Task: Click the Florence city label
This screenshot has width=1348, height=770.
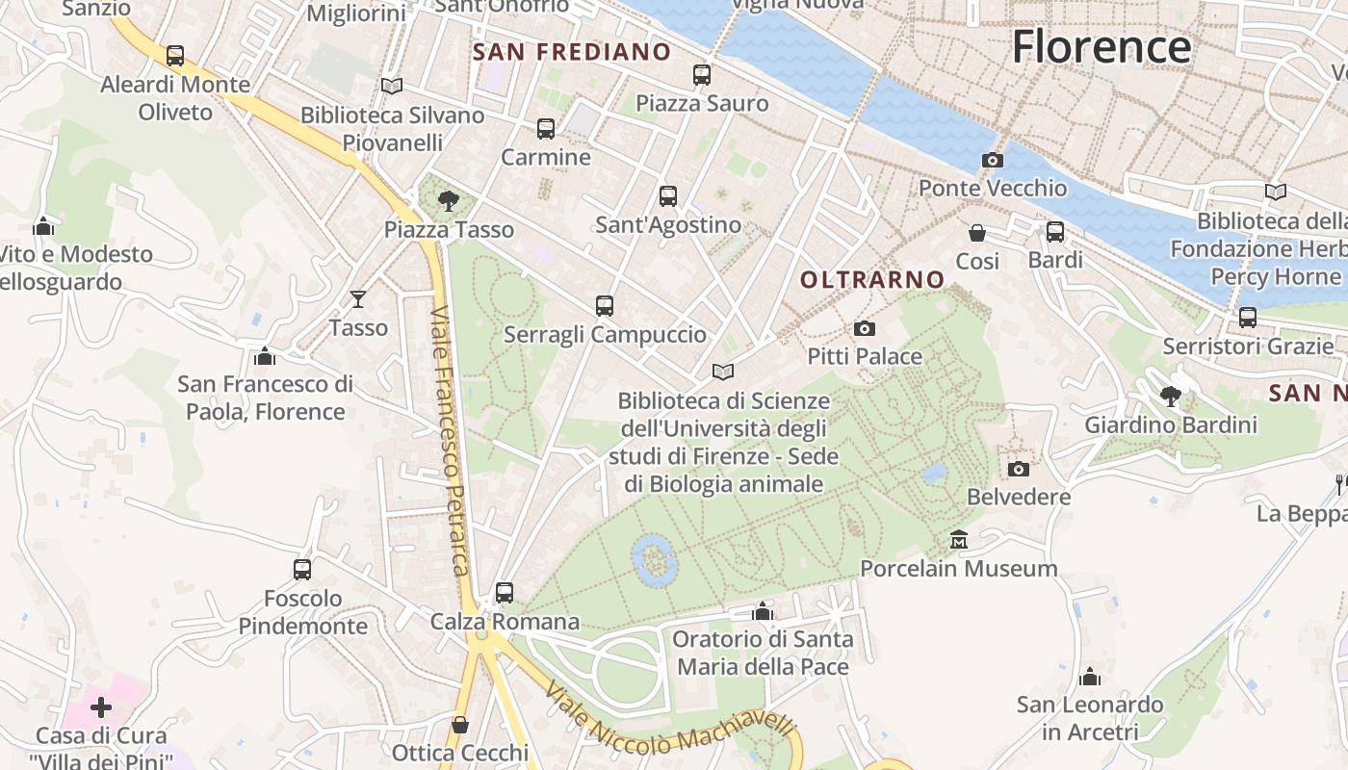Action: (1102, 46)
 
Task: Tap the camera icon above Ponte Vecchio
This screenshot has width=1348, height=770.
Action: (992, 160)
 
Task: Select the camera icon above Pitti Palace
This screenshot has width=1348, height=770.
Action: (865, 329)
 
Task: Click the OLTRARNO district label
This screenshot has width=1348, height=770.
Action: (873, 280)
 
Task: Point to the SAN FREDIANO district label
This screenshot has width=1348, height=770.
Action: (571, 52)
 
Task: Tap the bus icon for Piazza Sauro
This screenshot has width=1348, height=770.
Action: (702, 75)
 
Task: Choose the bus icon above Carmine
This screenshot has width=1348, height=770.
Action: (546, 129)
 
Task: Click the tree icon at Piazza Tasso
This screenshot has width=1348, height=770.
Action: (448, 201)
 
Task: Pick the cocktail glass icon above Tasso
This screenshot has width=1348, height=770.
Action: (358, 299)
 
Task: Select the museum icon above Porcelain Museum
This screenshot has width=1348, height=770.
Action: (958, 540)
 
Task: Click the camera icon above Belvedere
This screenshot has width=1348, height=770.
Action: (1019, 469)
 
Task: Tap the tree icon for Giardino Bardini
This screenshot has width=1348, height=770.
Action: (1171, 396)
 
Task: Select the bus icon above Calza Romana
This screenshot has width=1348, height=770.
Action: (505, 593)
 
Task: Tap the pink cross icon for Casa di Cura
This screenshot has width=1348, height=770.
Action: (101, 708)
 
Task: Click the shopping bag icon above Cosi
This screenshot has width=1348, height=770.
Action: (977, 233)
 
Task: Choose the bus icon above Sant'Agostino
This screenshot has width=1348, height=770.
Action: (668, 196)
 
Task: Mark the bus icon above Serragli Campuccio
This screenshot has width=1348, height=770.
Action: (605, 306)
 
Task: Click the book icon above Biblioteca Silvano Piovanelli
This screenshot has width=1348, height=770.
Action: (391, 86)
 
